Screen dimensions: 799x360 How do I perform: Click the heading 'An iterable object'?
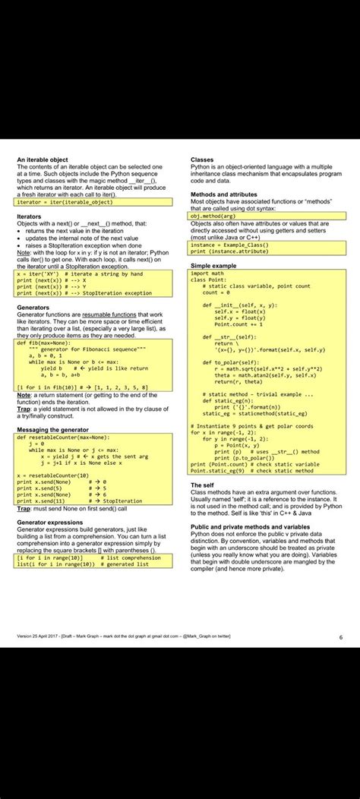coord(43,160)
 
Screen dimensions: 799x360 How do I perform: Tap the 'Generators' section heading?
coord(33,308)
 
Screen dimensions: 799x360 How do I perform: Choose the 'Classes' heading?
coord(202,160)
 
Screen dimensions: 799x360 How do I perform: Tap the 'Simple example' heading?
coord(213,266)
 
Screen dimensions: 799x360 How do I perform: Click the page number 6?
coord(340,637)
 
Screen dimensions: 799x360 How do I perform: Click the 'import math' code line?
coord(207,273)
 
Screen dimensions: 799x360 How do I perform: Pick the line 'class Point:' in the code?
coord(208,279)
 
